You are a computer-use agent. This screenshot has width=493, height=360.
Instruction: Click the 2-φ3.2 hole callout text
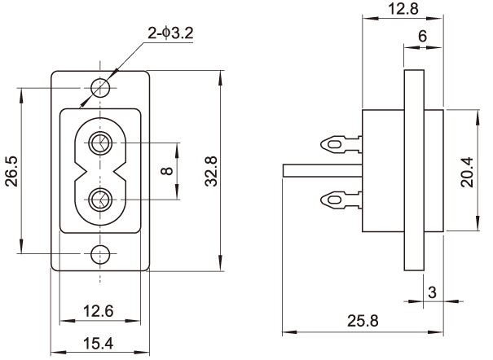170,33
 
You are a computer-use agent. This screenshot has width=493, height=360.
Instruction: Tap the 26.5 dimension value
11,171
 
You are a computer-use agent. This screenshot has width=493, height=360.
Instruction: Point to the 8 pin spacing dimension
166,172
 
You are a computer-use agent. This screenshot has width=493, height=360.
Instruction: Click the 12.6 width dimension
99,310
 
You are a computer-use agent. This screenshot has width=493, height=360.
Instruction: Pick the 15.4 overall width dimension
99,343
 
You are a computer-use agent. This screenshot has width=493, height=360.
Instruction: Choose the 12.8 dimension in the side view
403,11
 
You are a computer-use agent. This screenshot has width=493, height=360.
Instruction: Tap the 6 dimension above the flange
422,37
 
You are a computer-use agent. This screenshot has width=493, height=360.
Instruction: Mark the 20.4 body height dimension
467,171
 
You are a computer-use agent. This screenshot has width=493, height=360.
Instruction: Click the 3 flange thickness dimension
432,292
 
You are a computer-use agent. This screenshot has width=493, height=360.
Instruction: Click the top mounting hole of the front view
101,86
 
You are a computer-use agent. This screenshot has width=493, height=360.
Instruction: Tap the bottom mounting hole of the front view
101,255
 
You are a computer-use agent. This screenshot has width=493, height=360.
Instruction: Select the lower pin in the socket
101,198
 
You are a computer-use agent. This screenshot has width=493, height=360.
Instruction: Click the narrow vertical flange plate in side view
414,171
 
